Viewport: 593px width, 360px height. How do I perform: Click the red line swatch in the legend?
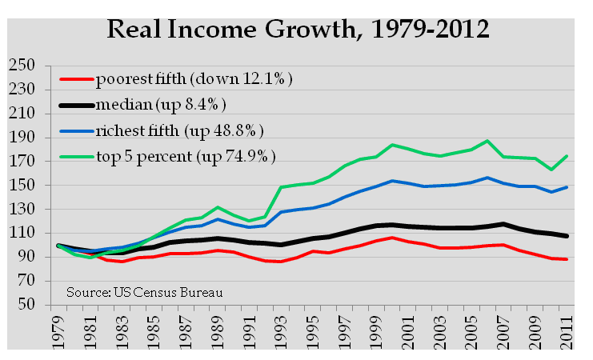77,80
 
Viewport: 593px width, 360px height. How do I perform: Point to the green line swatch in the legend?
77,154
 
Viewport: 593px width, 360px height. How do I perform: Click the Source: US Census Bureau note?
145,290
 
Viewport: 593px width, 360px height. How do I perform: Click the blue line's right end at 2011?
567,187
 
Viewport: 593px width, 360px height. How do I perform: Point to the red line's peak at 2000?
390,238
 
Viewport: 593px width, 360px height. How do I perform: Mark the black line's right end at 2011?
567,236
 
